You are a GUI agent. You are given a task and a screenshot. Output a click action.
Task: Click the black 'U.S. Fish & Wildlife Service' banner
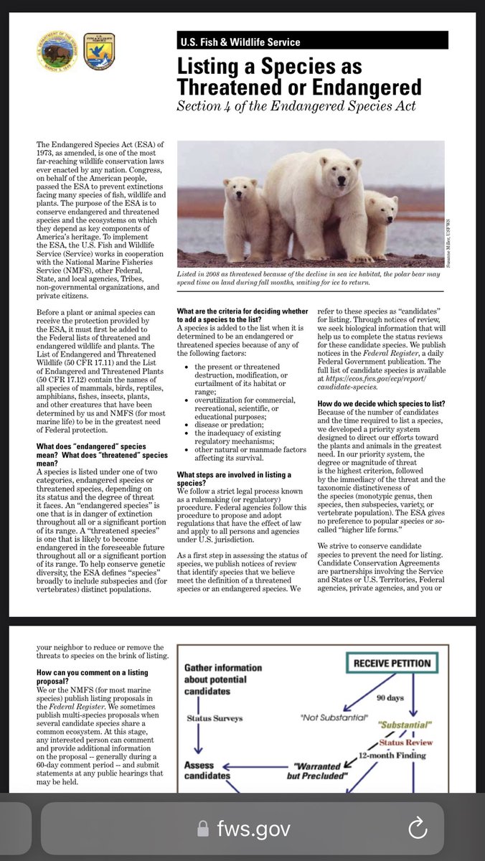coord(312,42)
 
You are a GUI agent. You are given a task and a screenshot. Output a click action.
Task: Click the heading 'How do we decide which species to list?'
coord(380,383)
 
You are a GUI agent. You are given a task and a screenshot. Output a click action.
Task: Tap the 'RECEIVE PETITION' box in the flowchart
coord(392,664)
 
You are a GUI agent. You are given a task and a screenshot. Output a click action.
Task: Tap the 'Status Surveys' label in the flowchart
coord(215,717)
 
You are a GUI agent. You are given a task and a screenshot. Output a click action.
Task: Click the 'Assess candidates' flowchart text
coord(208,771)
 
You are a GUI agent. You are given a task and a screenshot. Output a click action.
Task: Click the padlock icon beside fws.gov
coord(204,830)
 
